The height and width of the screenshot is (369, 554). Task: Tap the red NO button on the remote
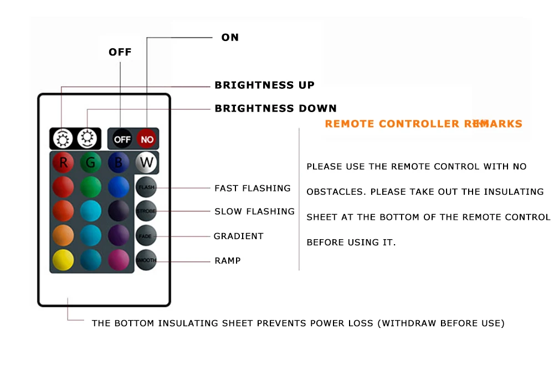point(147,139)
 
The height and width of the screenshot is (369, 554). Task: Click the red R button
point(63,163)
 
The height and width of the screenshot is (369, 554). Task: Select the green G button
point(90,163)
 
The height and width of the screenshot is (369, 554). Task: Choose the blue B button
point(119,163)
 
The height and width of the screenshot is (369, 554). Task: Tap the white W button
point(146,163)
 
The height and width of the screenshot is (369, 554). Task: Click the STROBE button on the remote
point(146,211)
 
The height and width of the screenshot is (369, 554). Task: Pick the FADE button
point(146,236)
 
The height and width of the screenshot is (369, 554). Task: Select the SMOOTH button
point(146,260)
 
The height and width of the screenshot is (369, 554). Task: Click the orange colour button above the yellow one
point(63,236)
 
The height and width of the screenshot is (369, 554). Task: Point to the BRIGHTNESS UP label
point(264,85)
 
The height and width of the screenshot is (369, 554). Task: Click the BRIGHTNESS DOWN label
point(275,108)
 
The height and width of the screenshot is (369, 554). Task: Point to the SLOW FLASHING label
point(254,211)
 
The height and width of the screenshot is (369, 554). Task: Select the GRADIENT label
point(239,236)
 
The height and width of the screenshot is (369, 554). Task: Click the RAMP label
point(228,260)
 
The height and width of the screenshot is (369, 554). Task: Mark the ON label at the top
point(230,37)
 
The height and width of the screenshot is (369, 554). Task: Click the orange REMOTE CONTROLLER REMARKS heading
point(423,124)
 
